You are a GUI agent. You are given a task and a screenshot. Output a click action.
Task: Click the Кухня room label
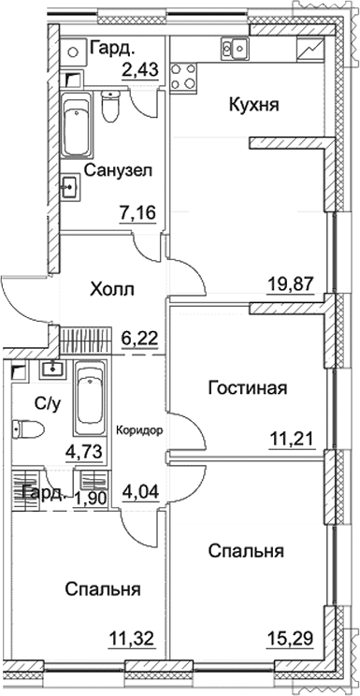pos(255,105)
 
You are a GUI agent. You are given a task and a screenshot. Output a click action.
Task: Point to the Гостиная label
pos(247,388)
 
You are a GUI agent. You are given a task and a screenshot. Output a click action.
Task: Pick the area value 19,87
pos(289,283)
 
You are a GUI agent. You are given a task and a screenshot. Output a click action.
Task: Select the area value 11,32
pos(129,642)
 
